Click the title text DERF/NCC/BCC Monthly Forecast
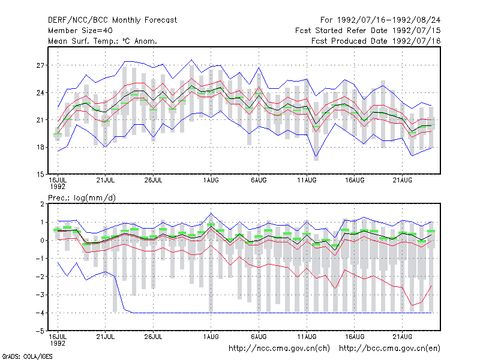112,20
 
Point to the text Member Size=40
80,31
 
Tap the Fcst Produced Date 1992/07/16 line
376,41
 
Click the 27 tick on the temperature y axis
40,65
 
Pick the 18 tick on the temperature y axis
40,147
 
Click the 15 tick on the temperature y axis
40,175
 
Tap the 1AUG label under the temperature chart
211,181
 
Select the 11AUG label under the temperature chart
307,181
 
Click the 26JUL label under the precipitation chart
153,337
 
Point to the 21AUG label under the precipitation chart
403,337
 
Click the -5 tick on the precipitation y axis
40,331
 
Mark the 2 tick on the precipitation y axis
42,204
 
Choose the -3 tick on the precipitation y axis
40,295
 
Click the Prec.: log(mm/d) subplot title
82,198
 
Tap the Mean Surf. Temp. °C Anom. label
103,41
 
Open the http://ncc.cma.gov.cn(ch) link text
279,349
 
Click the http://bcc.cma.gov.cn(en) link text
389,349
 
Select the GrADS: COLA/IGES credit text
27,356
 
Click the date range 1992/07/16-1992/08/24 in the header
389,20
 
